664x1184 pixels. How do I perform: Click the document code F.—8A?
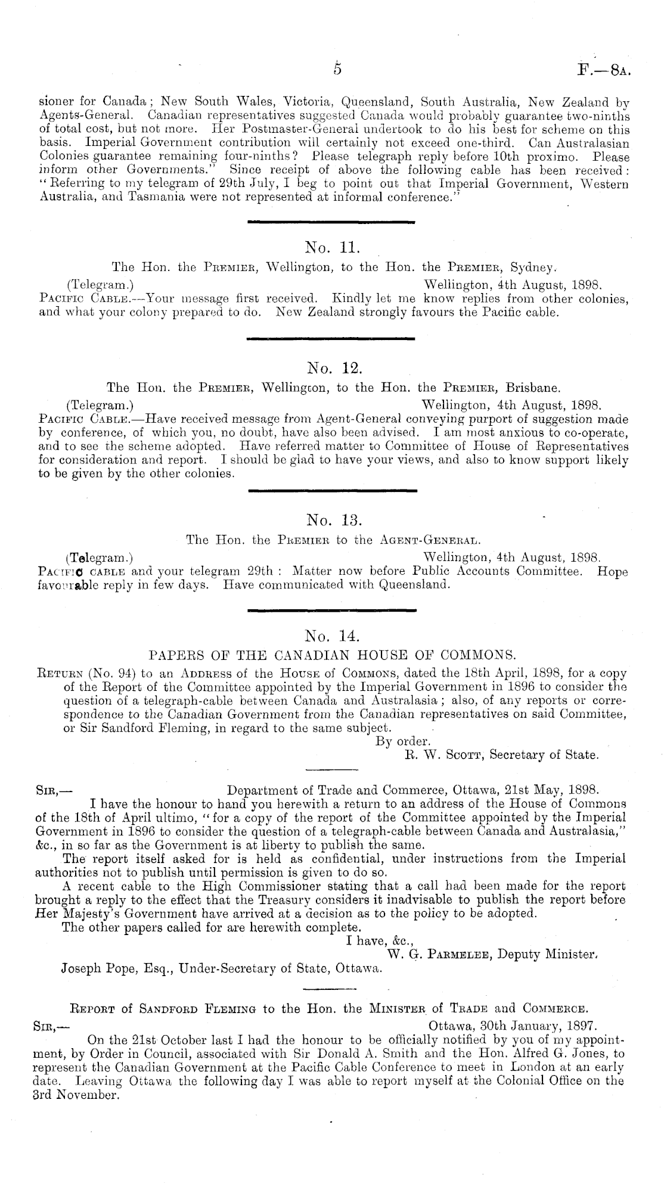pyautogui.click(x=604, y=70)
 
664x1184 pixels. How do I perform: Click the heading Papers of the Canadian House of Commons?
pyautogui.click(x=331, y=656)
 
